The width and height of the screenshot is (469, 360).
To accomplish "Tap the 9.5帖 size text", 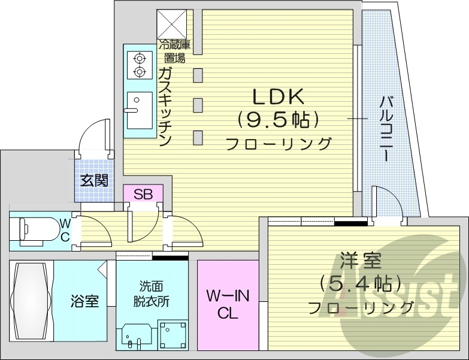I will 277,120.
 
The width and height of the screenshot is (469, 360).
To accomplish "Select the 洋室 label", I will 360,262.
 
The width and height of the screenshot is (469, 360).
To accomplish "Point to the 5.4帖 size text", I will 361,283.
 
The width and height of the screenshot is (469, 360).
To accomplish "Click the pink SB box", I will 143,193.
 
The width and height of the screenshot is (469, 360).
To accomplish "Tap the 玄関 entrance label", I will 95,179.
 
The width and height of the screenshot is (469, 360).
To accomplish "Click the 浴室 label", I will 84,301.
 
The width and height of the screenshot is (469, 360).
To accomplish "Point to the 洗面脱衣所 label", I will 151,294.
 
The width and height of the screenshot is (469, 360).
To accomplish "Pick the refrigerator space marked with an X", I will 172,23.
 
